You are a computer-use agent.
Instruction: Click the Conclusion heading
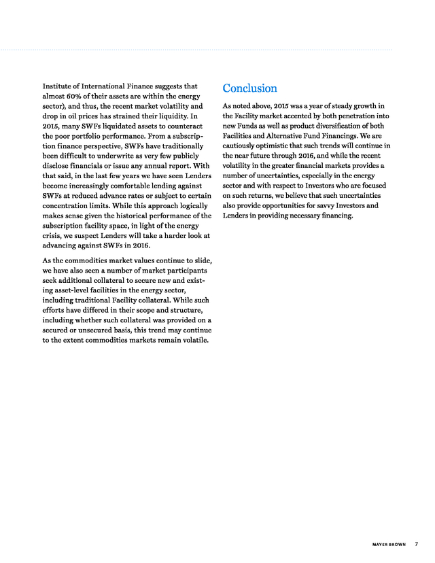(x=249, y=88)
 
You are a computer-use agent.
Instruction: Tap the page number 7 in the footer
(x=416, y=543)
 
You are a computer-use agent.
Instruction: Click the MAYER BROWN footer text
(x=389, y=543)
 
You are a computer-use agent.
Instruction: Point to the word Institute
(x=59, y=87)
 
